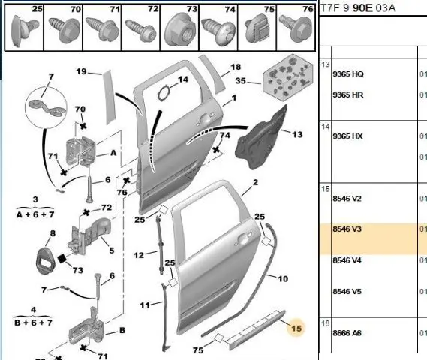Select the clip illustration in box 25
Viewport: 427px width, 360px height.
[24, 30]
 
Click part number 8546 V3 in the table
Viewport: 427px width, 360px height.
[347, 229]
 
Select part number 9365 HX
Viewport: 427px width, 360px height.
[347, 136]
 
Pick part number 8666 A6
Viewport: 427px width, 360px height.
[347, 333]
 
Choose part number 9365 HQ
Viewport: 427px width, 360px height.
[348, 74]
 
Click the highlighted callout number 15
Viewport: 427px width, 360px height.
[296, 328]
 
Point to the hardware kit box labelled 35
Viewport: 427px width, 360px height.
[288, 77]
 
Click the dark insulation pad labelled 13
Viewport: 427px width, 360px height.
[261, 139]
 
